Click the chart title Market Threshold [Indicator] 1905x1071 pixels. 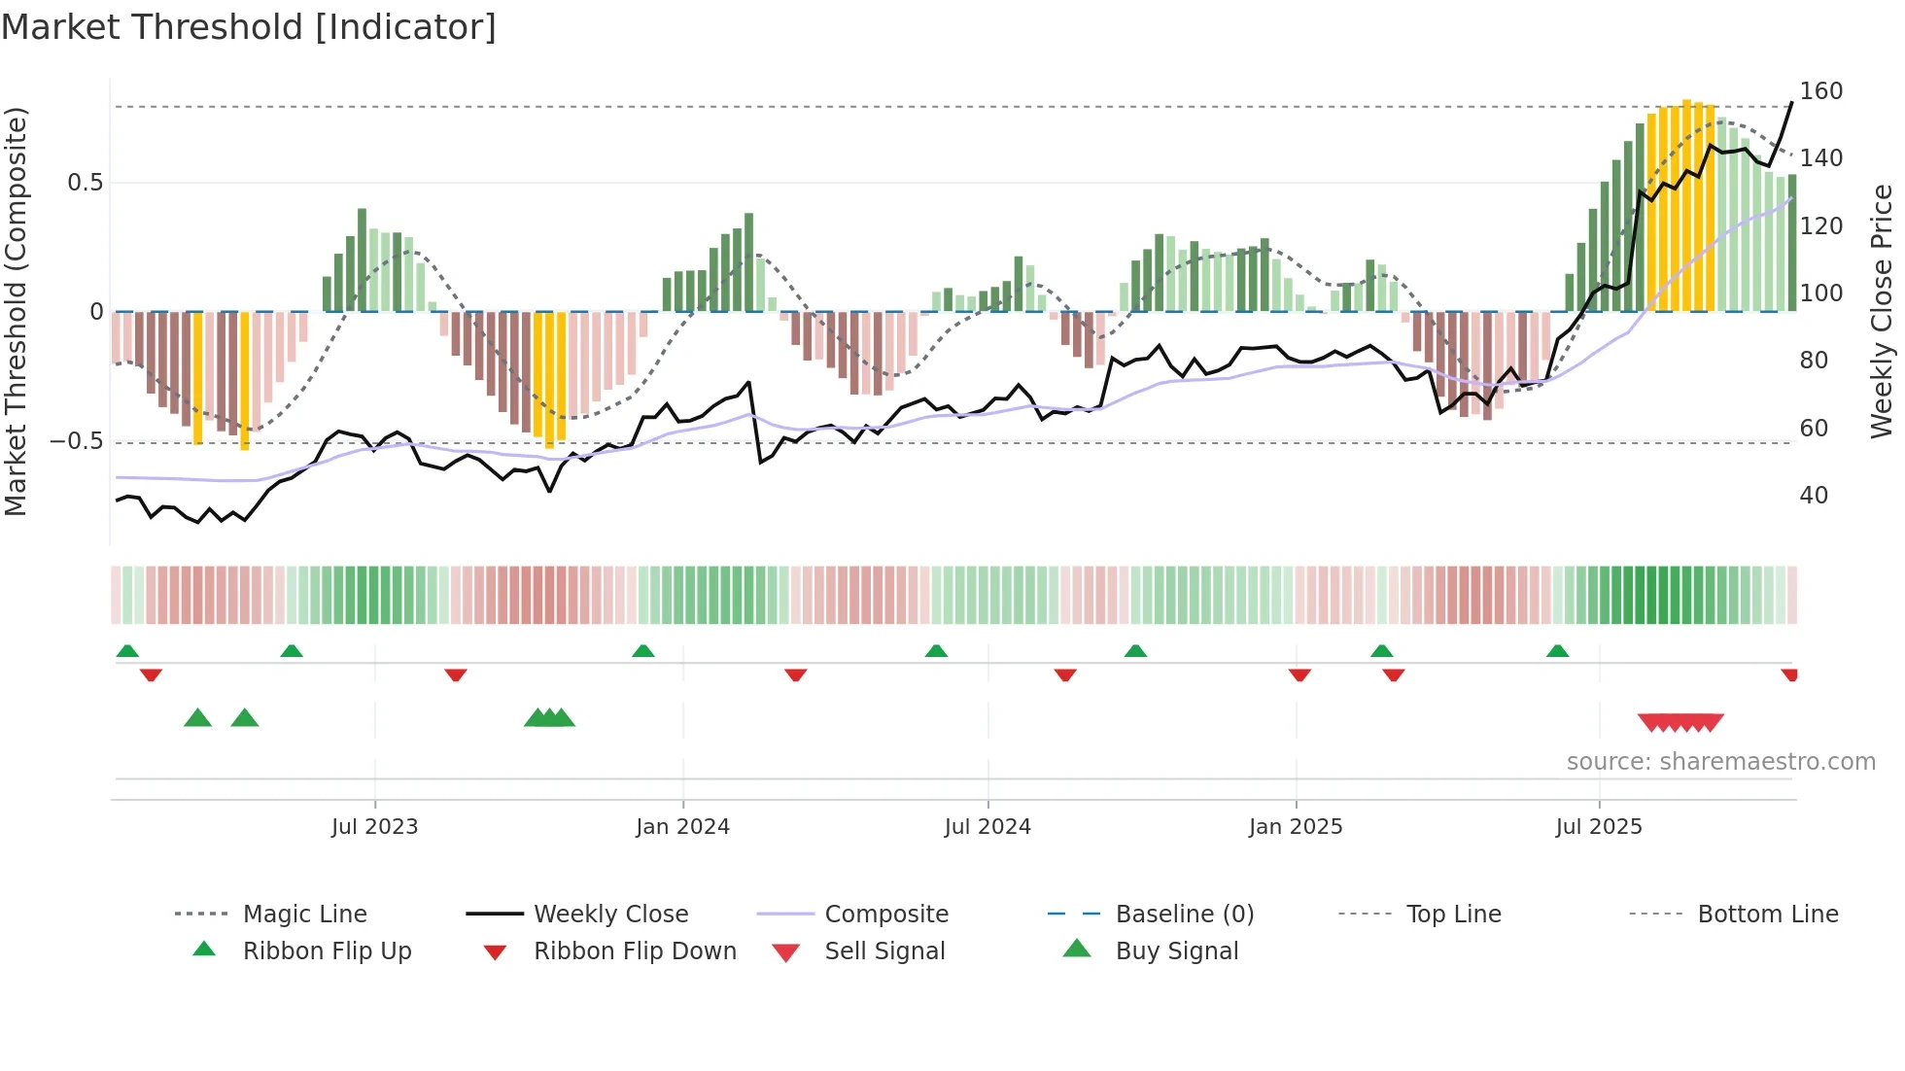pyautogui.click(x=249, y=27)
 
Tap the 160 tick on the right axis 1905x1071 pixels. pyautogui.click(x=1820, y=91)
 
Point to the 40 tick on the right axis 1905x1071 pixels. pyautogui.click(x=1814, y=496)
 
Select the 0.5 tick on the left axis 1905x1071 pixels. pyautogui.click(x=85, y=183)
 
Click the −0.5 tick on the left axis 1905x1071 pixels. pyautogui.click(x=77, y=441)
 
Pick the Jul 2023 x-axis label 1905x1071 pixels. pyautogui.click(x=374, y=827)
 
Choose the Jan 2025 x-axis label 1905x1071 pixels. pyautogui.click(x=1295, y=827)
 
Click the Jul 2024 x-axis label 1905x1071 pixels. pyautogui.click(x=987, y=827)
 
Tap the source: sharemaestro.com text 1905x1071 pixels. pyautogui.click(x=1720, y=762)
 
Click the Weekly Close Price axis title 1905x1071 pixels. pyautogui.click(x=1882, y=311)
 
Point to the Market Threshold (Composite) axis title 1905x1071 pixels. pyautogui.click(x=16, y=311)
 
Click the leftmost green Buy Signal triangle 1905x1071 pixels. pyautogui.click(x=197, y=718)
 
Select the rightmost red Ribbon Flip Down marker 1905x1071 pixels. pyautogui.click(x=1789, y=674)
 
